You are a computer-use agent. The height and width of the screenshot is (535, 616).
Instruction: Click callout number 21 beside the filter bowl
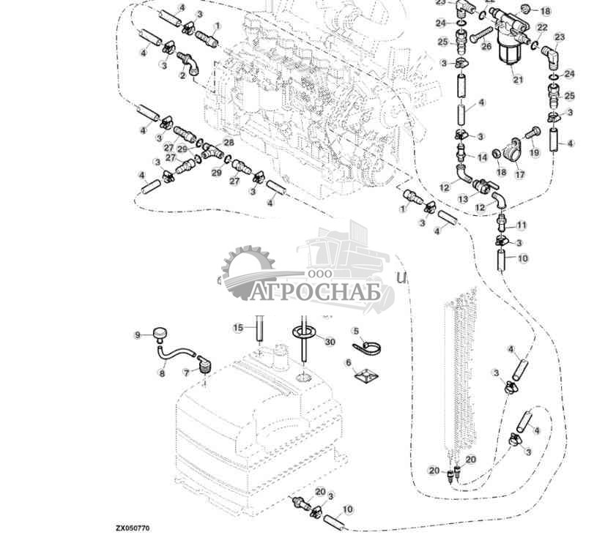pyautogui.click(x=518, y=79)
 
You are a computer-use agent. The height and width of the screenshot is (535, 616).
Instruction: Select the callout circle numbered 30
pyautogui.click(x=330, y=342)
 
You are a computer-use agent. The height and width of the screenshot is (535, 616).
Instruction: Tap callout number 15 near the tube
pyautogui.click(x=238, y=327)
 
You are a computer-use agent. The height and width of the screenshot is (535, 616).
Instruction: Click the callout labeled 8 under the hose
pyautogui.click(x=162, y=373)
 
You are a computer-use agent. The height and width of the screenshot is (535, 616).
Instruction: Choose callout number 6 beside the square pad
pyautogui.click(x=348, y=362)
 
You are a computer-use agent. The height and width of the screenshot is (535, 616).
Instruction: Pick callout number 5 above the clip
pyautogui.click(x=355, y=331)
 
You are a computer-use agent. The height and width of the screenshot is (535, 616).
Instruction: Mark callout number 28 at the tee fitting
pyautogui.click(x=229, y=142)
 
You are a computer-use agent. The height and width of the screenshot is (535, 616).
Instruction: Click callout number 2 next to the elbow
pyautogui.click(x=182, y=75)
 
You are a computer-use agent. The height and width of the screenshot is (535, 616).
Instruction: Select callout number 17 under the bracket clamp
pyautogui.click(x=520, y=174)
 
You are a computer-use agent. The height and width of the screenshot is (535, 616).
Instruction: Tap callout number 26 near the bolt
pyautogui.click(x=486, y=47)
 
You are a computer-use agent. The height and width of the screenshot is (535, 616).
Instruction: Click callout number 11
pyautogui.click(x=521, y=225)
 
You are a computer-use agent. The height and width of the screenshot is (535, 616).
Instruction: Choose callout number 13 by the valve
pyautogui.click(x=463, y=199)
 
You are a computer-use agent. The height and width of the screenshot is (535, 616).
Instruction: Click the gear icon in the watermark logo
pyautogui.click(x=249, y=272)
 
